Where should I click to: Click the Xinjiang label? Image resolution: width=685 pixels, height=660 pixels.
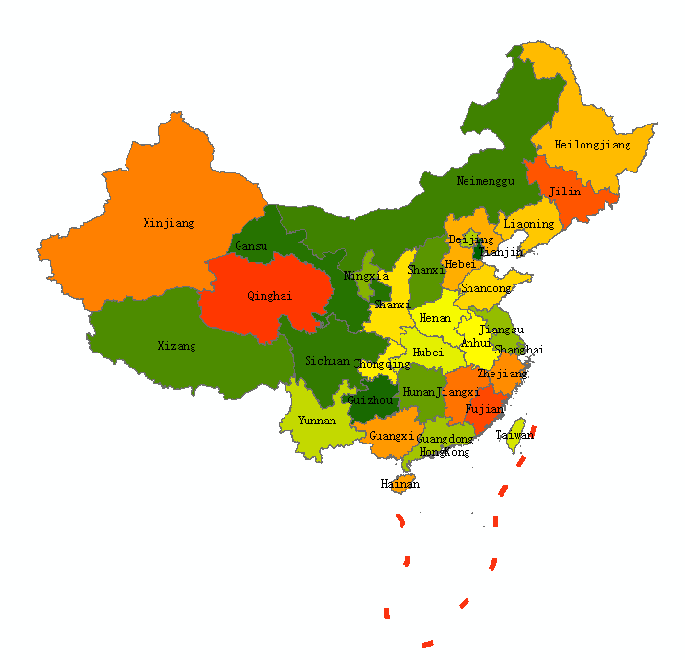[x=169, y=223]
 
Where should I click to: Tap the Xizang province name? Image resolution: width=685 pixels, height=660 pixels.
[x=176, y=345]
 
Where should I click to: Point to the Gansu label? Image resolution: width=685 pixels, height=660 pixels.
[x=251, y=246]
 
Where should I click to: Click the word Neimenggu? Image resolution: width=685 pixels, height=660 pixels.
[x=486, y=181]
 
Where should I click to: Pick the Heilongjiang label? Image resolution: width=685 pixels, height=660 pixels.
[x=593, y=145]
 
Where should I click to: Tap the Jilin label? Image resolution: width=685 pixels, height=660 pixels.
[x=564, y=192]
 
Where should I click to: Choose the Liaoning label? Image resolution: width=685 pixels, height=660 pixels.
[x=529, y=224]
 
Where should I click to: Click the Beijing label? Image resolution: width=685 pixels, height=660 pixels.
[x=471, y=239]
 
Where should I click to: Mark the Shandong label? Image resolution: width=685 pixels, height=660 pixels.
[x=486, y=288]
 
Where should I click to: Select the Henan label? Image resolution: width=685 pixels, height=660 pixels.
[x=435, y=318]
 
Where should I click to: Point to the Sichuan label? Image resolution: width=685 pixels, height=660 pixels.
[x=327, y=361]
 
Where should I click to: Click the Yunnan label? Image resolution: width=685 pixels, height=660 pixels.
[x=317, y=420]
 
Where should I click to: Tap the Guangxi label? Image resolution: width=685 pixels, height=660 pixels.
[x=391, y=435]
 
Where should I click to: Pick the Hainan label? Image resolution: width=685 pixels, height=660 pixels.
[x=400, y=484]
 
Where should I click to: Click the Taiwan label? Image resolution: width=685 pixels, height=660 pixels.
[x=514, y=435]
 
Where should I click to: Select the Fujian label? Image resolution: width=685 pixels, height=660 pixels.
[x=484, y=408]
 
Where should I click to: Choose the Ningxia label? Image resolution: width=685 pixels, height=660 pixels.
[x=367, y=276]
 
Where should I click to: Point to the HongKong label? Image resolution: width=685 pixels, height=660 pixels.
[x=445, y=451]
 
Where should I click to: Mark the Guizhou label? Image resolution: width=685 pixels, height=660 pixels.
[x=371, y=400]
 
